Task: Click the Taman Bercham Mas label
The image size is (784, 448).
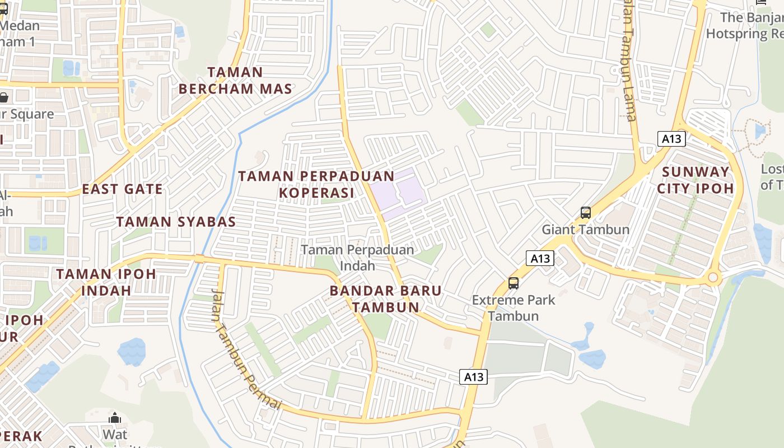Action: [235, 80]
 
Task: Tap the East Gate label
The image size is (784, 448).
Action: [122, 189]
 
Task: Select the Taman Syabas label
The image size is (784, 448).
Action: [176, 221]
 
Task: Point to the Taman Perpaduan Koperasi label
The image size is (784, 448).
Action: [316, 184]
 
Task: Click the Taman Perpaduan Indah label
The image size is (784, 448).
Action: [357, 258]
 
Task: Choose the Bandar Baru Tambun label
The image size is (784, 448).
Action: [385, 298]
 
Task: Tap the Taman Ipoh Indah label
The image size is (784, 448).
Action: [106, 282]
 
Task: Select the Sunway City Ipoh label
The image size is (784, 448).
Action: [695, 180]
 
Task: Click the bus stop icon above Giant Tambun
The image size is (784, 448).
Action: [585, 213]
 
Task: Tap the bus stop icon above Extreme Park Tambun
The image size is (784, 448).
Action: [514, 283]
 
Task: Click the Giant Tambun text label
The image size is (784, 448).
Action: [585, 230]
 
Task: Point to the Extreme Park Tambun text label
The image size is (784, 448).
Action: [514, 307]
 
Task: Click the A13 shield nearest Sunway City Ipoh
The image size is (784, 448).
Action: [671, 139]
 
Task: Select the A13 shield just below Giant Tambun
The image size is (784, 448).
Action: [540, 258]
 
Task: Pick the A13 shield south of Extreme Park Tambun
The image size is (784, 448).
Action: [473, 377]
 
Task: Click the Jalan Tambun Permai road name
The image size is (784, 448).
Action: [245, 349]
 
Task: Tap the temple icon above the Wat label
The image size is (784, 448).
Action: [115, 418]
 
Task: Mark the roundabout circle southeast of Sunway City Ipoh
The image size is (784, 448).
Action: [712, 277]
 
